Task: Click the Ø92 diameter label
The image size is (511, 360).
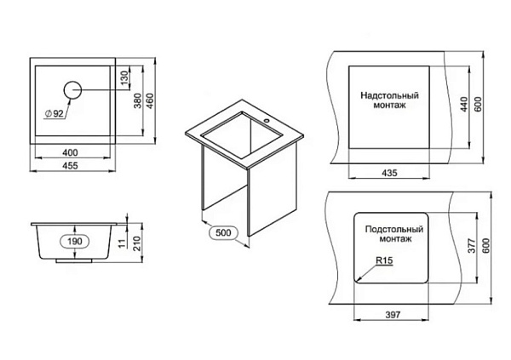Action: pyautogui.click(x=55, y=113)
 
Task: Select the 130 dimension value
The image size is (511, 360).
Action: pyautogui.click(x=125, y=77)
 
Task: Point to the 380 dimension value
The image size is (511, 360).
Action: pyautogui.click(x=138, y=100)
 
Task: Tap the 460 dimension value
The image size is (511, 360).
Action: pyautogui.click(x=150, y=100)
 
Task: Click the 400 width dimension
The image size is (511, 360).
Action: pyautogui.click(x=71, y=152)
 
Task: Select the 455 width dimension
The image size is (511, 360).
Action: pyautogui.click(x=71, y=166)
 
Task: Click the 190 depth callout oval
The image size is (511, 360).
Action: pyautogui.click(x=75, y=242)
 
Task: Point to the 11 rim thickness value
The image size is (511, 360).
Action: pyautogui.click(x=122, y=243)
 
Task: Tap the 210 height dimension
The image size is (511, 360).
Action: pyautogui.click(x=137, y=243)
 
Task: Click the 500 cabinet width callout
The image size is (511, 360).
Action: pyautogui.click(x=223, y=232)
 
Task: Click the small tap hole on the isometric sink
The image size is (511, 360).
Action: pyautogui.click(x=267, y=121)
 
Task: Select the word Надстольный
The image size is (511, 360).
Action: pyautogui.click(x=389, y=95)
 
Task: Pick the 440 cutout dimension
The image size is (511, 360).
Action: pyautogui.click(x=464, y=104)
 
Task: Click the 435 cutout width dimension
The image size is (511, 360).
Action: pyautogui.click(x=389, y=173)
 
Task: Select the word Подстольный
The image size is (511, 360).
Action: pyautogui.click(x=394, y=229)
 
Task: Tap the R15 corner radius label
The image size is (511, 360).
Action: pyautogui.click(x=385, y=260)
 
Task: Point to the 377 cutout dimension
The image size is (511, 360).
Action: pyautogui.click(x=472, y=246)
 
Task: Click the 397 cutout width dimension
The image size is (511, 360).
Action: pyautogui.click(x=393, y=314)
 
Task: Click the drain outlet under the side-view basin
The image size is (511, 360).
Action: pyautogui.click(x=74, y=260)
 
